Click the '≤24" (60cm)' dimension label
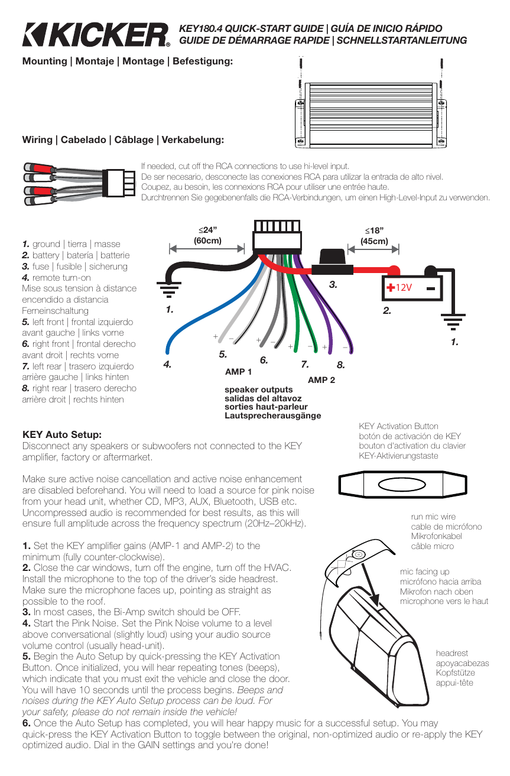[x=207, y=235]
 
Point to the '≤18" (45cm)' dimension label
[x=374, y=235]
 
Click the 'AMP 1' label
[x=238, y=372]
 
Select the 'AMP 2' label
[x=321, y=380]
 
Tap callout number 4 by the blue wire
[x=167, y=365]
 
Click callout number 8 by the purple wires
[x=340, y=366]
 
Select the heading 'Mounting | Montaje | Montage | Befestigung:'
[x=127, y=61]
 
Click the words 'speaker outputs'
[x=259, y=389]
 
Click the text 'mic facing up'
[x=424, y=572]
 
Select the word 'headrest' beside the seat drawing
[x=451, y=653]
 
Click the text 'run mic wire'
[x=433, y=517]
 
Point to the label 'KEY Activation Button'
[x=398, y=426]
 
